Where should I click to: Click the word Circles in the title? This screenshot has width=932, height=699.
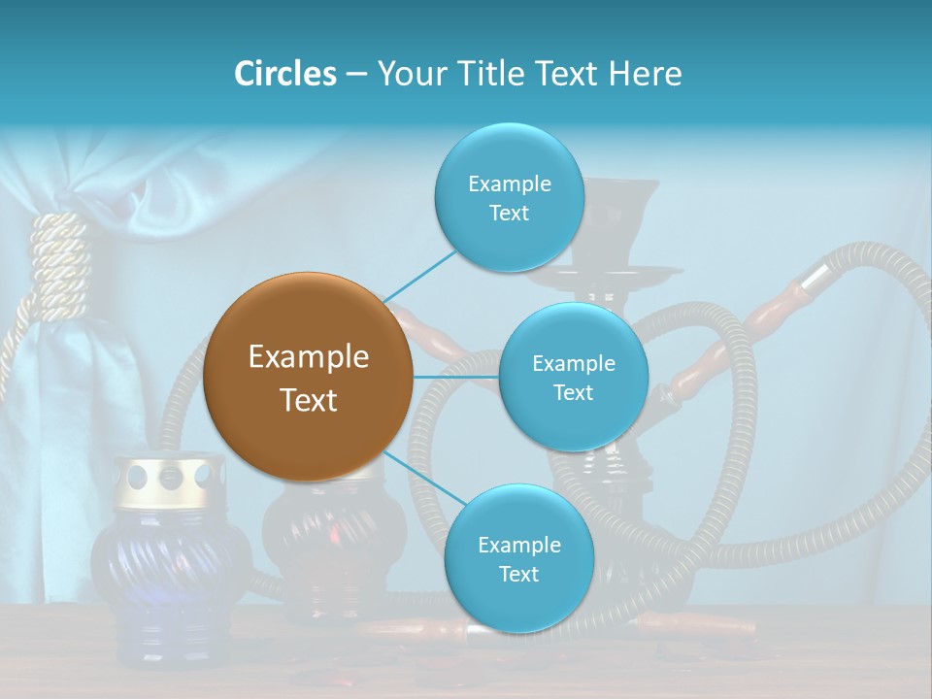pos(285,74)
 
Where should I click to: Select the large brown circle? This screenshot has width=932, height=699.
pos(308,377)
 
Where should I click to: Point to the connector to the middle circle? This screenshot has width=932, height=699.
pos(456,377)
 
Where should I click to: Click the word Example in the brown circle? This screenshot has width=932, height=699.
pos(308,356)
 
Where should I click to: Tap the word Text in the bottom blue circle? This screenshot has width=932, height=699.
pos(518,574)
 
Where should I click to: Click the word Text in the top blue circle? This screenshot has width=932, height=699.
pos(509,213)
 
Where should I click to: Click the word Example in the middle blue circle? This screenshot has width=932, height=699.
pos(573,363)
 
